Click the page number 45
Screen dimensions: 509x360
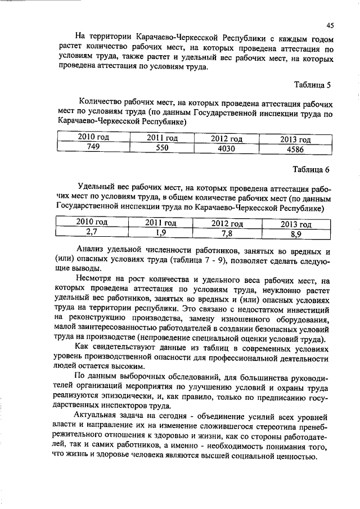point(330,25)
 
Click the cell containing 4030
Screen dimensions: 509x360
point(226,149)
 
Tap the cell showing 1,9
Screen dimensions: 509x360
point(161,232)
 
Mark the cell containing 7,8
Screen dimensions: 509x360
point(227,233)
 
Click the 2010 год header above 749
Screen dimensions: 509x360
point(93,137)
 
